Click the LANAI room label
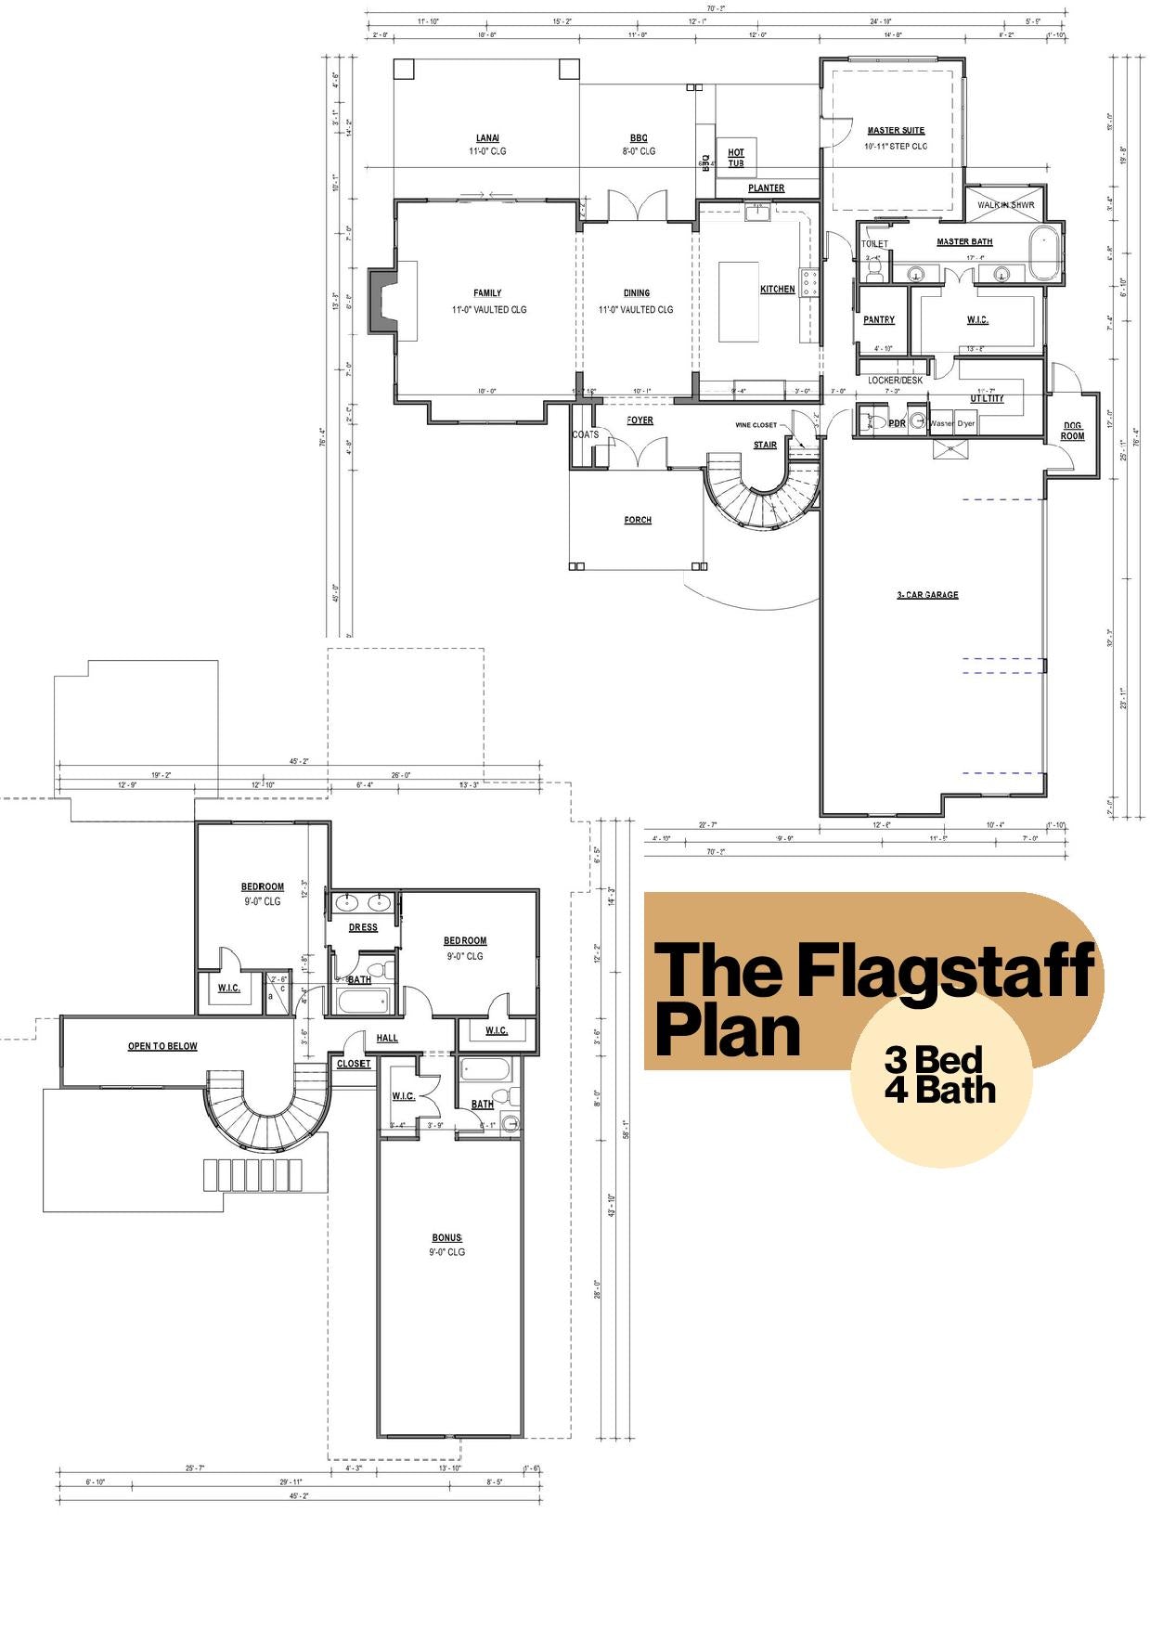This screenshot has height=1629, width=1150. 487,138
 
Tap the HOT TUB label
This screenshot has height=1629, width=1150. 736,158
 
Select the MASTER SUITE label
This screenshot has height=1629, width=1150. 896,131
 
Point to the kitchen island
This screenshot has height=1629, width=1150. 739,302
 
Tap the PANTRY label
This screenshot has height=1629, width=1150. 879,320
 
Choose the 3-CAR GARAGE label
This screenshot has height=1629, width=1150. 927,595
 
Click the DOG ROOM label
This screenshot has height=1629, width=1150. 1072,431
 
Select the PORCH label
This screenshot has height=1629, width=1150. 638,520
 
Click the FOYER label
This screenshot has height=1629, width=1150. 640,420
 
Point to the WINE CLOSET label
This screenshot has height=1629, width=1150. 756,425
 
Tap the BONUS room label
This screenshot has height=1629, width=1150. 446,1238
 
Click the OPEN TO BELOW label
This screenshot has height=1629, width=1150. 162,1046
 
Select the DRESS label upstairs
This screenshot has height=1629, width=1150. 363,927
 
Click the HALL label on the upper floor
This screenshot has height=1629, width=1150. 387,1038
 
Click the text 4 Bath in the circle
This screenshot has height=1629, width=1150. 939,1090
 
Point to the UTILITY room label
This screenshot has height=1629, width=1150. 988,398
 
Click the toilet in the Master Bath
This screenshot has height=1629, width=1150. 873,267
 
